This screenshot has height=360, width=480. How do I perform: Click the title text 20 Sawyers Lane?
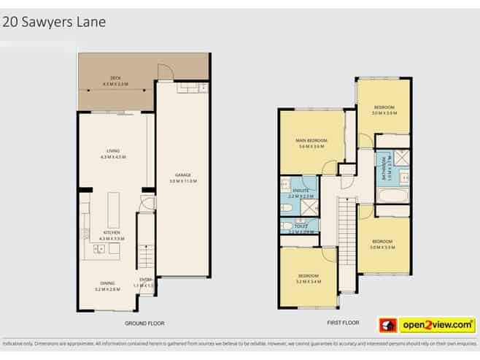coord(55,21)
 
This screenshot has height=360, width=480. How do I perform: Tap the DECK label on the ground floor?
coord(115,77)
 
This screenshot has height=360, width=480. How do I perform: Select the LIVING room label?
coord(113,151)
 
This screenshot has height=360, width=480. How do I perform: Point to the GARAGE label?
coord(182,175)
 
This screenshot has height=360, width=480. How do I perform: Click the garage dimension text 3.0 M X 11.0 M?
coord(182,180)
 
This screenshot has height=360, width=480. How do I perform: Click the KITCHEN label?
coord(113,234)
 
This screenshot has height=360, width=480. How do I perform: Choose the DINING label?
coord(107,283)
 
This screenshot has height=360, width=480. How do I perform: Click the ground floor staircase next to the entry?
coord(145,248)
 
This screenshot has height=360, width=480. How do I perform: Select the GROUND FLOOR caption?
coord(143,321)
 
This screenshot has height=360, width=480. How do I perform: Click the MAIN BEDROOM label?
coord(311,140)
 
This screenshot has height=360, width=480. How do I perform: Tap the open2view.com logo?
coord(425,323)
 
